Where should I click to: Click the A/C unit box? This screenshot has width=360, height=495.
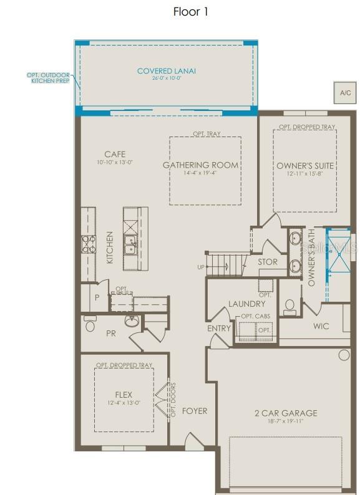pyautogui.click(x=345, y=92)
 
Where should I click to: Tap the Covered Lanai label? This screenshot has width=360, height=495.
pyautogui.click(x=166, y=71)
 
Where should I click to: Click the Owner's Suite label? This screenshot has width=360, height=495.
pyautogui.click(x=305, y=165)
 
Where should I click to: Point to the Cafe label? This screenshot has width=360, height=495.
pyautogui.click(x=115, y=154)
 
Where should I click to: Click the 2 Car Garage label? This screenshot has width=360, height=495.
pyautogui.click(x=286, y=413)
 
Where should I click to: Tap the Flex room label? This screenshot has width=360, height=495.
pyautogui.click(x=124, y=395)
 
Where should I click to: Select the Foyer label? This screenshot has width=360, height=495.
pyautogui.click(x=194, y=411)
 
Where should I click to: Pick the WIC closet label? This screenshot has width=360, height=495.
pyautogui.click(x=321, y=325)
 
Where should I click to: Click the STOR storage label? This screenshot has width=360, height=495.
pyautogui.click(x=268, y=262)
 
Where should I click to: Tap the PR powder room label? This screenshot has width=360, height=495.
pyautogui.click(x=111, y=334)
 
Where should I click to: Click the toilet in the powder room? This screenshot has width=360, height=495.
pyautogui.click(x=90, y=325)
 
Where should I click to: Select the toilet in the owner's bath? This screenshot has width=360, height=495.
pyautogui.click(x=289, y=307)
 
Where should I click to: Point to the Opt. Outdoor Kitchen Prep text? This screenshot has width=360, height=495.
pyautogui.click(x=48, y=77)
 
